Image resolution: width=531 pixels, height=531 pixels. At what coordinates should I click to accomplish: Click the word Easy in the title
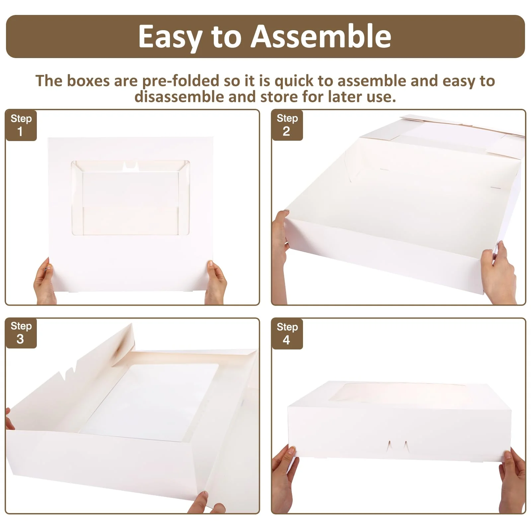point(171,37)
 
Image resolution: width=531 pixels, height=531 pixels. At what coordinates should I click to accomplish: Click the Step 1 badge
point(21,125)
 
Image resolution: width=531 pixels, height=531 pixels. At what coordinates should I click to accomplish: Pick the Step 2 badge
point(287,125)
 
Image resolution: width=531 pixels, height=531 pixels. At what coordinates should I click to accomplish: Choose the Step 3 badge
point(21,333)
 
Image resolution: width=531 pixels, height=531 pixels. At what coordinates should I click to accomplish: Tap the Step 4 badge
point(287,334)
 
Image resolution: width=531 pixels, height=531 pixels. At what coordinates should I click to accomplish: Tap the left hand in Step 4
point(284,478)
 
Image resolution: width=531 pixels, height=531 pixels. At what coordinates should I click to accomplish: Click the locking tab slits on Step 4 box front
point(397,446)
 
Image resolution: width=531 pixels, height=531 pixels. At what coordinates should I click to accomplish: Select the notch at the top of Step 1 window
point(130,167)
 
